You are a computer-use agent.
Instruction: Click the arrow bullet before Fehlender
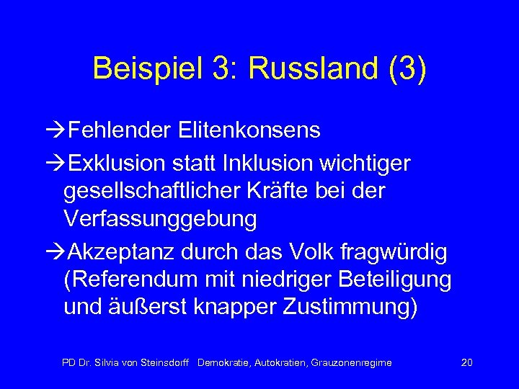coord(53,130)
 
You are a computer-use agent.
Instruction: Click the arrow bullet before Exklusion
coord(53,164)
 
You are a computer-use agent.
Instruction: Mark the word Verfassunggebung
coord(160,219)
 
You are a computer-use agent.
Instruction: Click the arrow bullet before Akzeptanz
coord(53,253)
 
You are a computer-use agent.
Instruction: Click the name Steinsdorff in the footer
coord(162,362)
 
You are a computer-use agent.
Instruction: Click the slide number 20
coord(466,362)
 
